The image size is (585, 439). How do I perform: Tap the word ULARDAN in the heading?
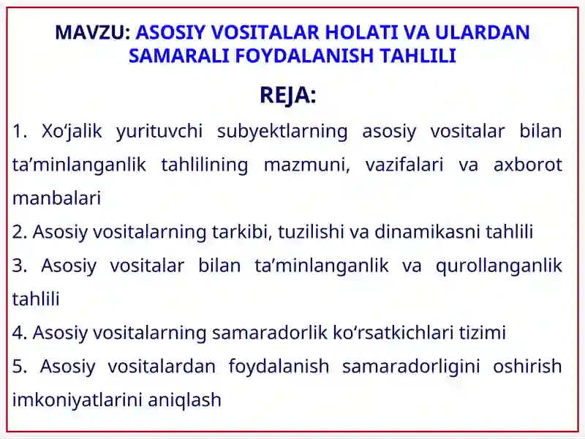coord(483,32)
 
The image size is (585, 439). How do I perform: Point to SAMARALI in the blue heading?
coord(178,56)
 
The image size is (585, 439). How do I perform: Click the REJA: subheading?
coord(288,95)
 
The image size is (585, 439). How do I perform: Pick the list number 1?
coord(20,131)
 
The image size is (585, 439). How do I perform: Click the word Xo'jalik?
coord(72,132)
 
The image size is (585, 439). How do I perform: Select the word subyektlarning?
coord(282,132)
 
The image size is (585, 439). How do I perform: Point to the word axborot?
coord(528,165)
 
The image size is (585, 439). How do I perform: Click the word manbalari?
coord(57,198)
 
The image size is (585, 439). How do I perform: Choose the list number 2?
coord(20,232)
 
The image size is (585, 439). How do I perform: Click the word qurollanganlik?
coord(499,266)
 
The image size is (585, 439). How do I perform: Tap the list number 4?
coord(20,333)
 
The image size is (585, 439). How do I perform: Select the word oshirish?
coord(527,366)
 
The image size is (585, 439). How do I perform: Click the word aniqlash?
coord(185,399)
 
